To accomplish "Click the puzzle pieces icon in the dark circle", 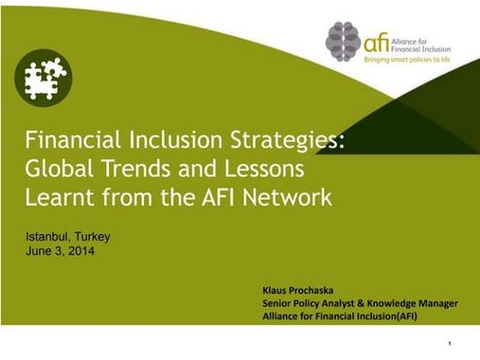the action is tap(43, 78).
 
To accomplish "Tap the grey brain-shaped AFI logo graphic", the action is tap(343, 41).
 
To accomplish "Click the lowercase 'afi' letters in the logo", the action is tap(376, 42).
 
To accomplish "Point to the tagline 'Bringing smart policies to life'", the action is tap(407, 59).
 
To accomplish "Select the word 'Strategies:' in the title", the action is tap(287, 140).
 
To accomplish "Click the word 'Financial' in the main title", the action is tap(73, 139).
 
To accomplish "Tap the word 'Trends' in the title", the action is tap(136, 168).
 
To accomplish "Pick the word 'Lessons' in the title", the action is tap(265, 168).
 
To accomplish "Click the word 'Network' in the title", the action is tap(287, 197).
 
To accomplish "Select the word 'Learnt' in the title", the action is tap(59, 197).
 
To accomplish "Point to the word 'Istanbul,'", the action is tap(49, 237).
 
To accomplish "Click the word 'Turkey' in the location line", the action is tap(92, 237).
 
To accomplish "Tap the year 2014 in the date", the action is tap(81, 251).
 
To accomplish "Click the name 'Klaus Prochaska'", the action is tap(298, 291).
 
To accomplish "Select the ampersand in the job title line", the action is tap(361, 303).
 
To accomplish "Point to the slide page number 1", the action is tap(449, 344).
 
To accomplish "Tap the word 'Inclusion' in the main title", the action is tap(176, 139).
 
